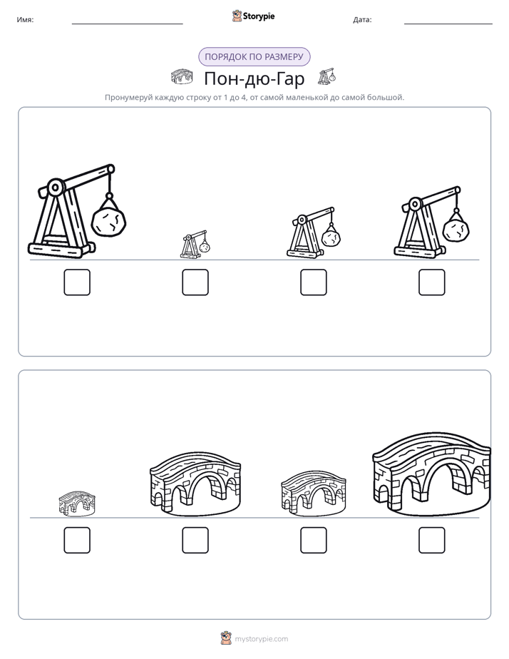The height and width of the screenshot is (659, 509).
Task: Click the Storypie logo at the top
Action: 253,16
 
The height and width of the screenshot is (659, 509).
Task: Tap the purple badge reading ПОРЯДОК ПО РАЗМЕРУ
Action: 254,57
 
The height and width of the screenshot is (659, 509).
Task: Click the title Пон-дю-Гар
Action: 254,78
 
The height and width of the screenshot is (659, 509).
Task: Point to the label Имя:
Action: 25,19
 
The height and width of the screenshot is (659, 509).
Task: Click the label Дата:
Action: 362,19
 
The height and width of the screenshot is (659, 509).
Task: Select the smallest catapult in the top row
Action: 195,244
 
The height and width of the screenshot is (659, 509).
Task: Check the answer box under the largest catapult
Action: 77,282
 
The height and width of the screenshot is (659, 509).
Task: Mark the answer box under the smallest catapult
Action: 195,282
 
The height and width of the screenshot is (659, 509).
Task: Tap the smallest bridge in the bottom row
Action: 77,504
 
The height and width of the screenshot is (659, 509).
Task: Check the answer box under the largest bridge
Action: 432,540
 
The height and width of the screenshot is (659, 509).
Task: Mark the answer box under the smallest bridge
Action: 77,540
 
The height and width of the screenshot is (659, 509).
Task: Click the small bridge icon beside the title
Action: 182,76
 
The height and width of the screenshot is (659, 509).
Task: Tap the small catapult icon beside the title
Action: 327,76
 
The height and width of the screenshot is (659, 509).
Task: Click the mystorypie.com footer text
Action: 261,639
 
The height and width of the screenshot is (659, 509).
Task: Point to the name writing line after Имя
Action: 127,24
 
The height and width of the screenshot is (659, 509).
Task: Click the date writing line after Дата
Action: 448,24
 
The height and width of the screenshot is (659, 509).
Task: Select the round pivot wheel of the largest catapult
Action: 55,188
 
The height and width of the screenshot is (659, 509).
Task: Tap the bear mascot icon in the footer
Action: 226,638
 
